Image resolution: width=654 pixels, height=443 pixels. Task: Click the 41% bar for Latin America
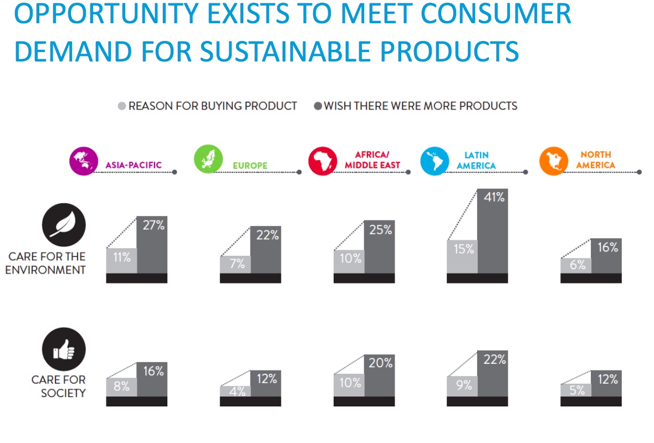coord(493,231)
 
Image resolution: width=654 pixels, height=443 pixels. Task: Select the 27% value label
coord(154,225)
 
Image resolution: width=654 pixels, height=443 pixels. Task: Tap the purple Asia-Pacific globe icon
coord(84,161)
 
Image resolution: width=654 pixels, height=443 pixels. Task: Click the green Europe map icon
coord(208,159)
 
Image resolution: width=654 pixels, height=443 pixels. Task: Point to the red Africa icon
coord(323,161)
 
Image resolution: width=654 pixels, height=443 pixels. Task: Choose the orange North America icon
coord(554,161)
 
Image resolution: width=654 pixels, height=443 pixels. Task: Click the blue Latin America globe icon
coord(435,161)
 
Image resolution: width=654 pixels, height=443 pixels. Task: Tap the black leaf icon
coord(64,225)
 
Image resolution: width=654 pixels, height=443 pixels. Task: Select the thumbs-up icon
coord(64,349)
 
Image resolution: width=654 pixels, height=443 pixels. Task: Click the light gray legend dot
coord(122,106)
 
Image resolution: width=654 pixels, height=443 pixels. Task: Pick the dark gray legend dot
coord(318,106)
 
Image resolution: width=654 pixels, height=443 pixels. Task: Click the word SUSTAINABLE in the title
coord(285,51)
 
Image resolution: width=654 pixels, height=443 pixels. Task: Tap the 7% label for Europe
coord(237,264)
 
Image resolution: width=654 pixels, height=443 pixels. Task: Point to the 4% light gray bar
coord(235,391)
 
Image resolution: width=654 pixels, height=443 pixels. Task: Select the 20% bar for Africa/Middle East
coord(379,375)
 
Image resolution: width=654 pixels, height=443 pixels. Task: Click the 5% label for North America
coord(578,390)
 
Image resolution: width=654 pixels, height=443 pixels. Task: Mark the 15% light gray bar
coord(462,257)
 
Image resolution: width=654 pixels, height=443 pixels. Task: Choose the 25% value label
coord(380,229)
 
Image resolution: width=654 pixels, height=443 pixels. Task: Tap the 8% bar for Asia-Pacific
coord(121,387)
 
